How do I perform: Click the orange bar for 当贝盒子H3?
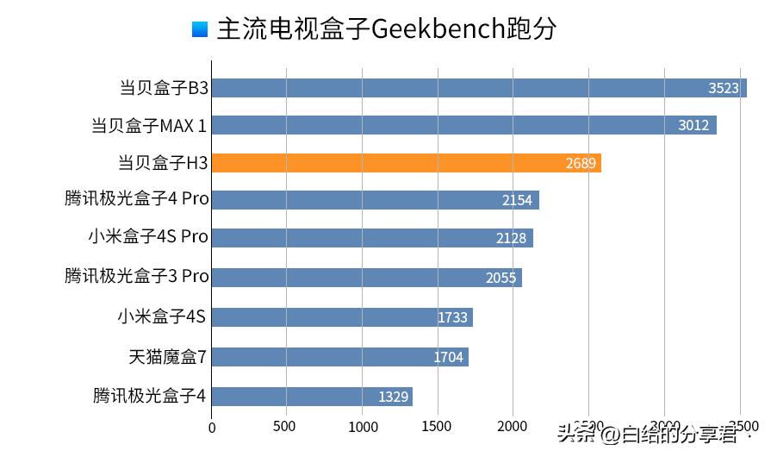pos(406,163)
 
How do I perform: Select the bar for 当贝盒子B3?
pos(479,88)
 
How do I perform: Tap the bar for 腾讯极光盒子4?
pos(312,397)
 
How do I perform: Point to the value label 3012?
pos(693,125)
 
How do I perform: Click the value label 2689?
pos(581,163)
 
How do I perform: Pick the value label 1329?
pos(393,397)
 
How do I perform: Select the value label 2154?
pos(519,200)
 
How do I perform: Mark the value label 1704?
pos(449,357)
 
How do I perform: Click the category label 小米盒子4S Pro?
pos(148,236)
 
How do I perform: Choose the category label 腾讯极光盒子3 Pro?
pos(136,276)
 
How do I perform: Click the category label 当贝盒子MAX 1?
pos(148,126)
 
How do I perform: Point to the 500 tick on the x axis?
pos(285,426)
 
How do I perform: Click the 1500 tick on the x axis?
pos(438,426)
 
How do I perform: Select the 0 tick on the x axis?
pos(212,426)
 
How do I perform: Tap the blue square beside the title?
pos(200,29)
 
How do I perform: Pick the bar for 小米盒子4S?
pos(342,317)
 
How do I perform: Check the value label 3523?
pos(724,88)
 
